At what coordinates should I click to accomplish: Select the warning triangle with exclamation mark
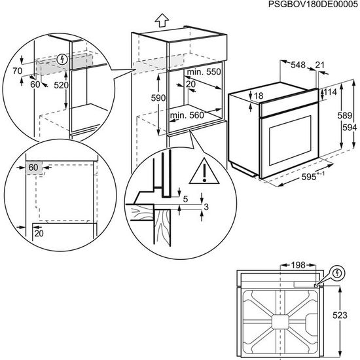pyautogui.click(x=204, y=172)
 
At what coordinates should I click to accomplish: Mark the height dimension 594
pyautogui.click(x=350, y=127)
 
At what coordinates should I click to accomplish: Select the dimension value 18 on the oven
pyautogui.click(x=259, y=96)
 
